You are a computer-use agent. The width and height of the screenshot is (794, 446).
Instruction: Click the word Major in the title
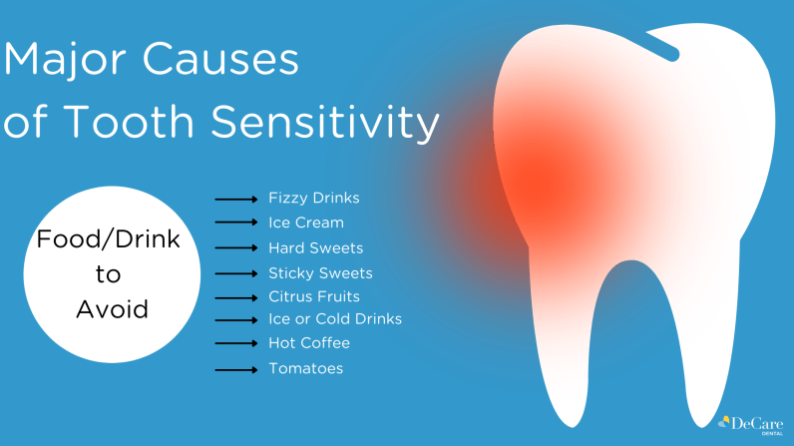click(64, 59)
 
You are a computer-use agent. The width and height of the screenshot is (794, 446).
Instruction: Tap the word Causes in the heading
click(220, 59)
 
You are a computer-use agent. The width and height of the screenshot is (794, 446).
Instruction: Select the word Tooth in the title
click(129, 122)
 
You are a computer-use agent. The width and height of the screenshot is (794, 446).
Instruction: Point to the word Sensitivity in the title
click(324, 122)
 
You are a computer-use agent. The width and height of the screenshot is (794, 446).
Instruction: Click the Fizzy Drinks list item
click(314, 198)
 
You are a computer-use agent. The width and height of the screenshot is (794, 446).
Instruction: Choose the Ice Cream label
click(306, 223)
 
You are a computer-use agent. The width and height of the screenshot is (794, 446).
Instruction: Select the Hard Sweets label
click(315, 248)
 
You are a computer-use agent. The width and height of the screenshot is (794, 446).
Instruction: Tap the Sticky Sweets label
click(320, 273)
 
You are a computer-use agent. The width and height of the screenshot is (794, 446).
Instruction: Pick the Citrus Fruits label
click(314, 296)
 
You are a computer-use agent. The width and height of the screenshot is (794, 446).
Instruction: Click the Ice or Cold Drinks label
click(335, 319)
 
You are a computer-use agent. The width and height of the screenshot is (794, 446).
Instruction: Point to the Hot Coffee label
click(309, 343)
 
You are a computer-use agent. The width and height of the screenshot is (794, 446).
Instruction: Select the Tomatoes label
click(305, 368)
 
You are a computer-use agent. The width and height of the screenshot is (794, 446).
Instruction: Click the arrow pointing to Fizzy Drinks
click(236, 200)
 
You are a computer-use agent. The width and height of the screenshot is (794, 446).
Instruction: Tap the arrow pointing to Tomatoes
click(236, 370)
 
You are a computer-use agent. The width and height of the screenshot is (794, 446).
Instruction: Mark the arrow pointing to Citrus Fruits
click(236, 298)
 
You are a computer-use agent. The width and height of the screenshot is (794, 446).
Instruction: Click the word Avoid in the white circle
click(112, 309)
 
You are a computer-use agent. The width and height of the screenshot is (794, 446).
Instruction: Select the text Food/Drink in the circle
click(109, 238)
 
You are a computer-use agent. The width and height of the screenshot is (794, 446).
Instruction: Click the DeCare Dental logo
click(751, 425)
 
